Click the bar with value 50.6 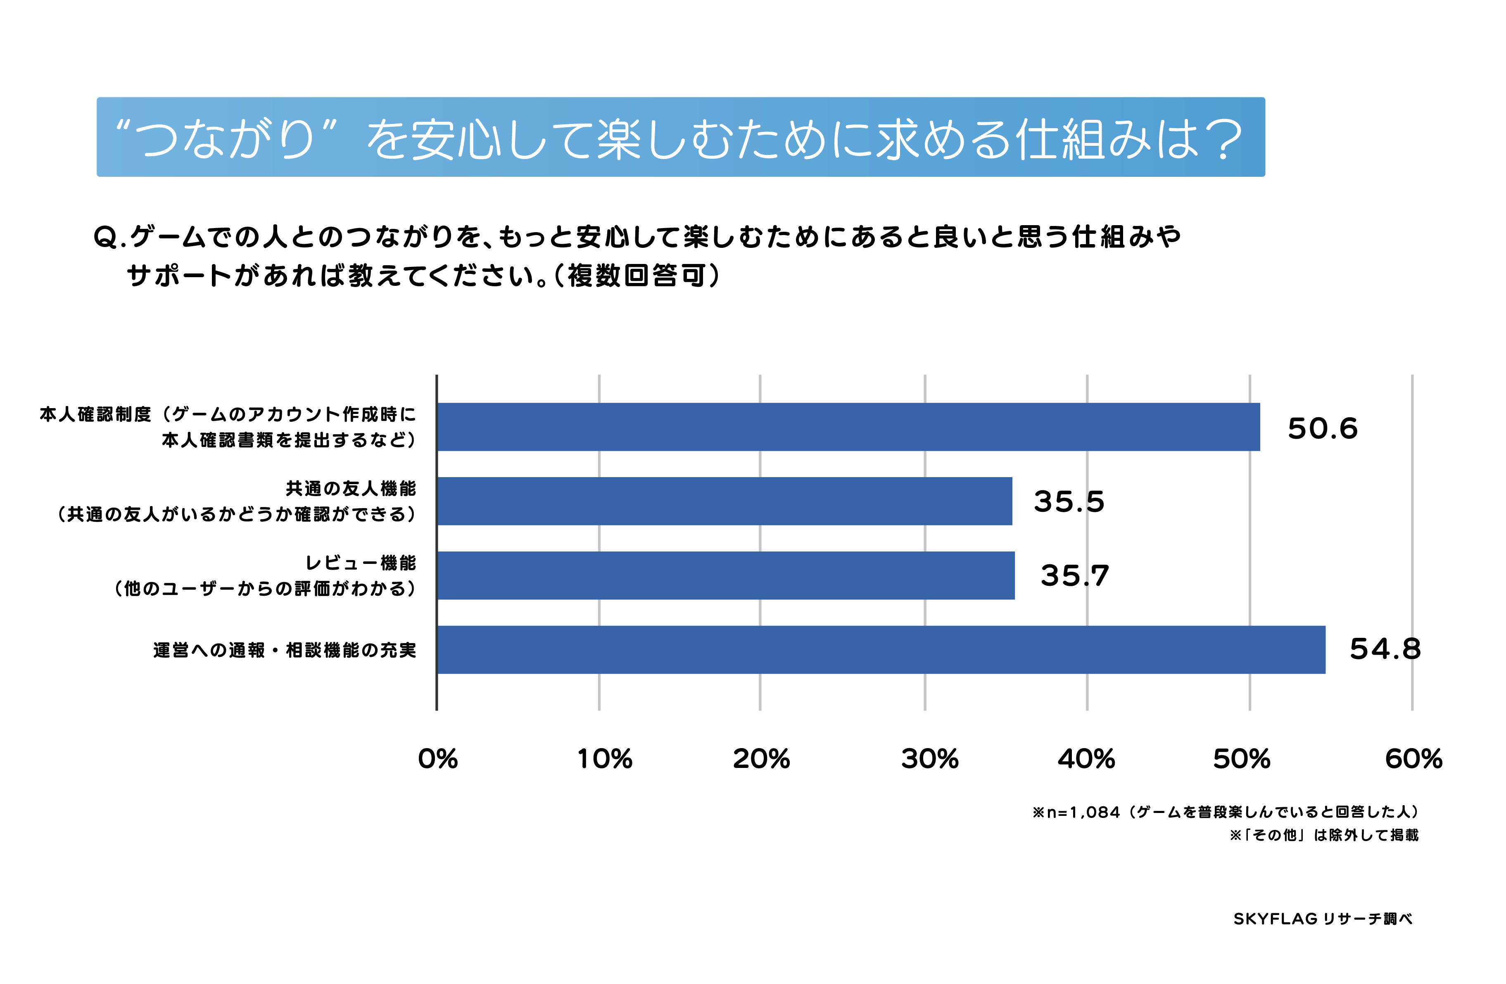click(848, 427)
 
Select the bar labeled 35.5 click(724, 501)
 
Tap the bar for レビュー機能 click(726, 575)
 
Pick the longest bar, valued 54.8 click(881, 650)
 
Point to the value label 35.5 click(1069, 502)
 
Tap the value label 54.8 click(1385, 649)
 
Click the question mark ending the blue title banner click(1223, 139)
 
